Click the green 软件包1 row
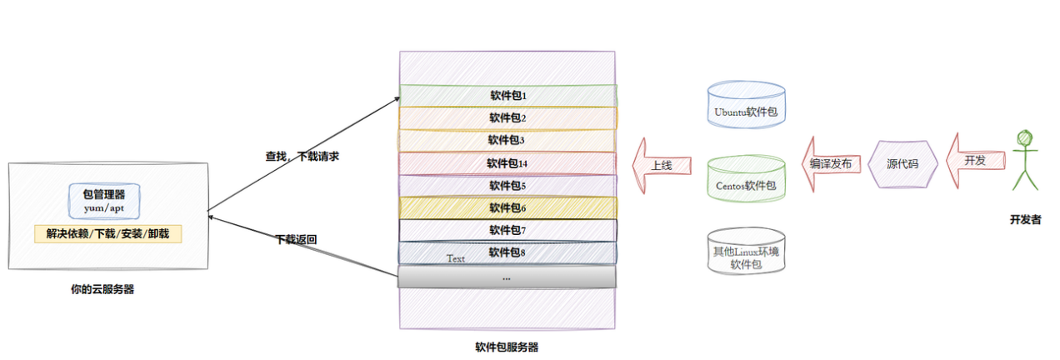click(x=507, y=95)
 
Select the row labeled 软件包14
click(x=507, y=162)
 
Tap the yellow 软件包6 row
click(x=507, y=207)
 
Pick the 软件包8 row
click(x=507, y=252)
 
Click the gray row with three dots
click(x=507, y=277)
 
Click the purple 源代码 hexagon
click(x=902, y=164)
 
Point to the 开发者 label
click(x=1025, y=220)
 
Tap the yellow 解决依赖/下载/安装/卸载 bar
click(x=107, y=233)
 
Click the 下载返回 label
click(x=296, y=239)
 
